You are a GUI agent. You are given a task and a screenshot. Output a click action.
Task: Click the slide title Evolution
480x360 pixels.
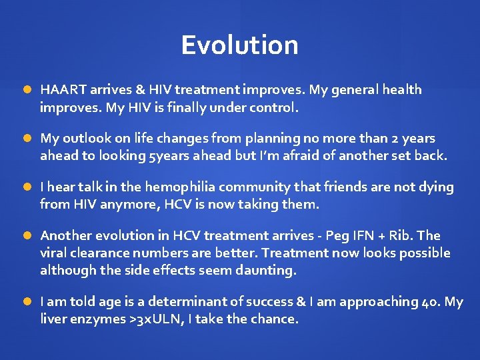pos(239,45)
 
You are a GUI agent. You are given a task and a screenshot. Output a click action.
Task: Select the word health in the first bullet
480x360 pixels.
pos(401,89)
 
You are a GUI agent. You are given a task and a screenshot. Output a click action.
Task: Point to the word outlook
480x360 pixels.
pos(87,139)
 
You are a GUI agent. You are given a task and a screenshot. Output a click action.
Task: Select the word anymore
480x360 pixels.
pos(126,204)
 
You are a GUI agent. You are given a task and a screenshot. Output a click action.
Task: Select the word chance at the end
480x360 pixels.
pos(275,319)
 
